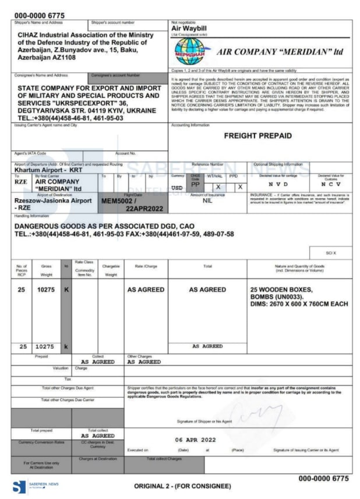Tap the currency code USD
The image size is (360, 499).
click(x=178, y=188)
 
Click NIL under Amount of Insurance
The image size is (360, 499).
click(x=207, y=200)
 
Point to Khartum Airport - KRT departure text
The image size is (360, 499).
click(x=48, y=170)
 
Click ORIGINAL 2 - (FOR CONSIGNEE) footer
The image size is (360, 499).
click(x=182, y=486)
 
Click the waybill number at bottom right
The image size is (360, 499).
click(x=323, y=478)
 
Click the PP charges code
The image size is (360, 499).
click(x=196, y=182)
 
